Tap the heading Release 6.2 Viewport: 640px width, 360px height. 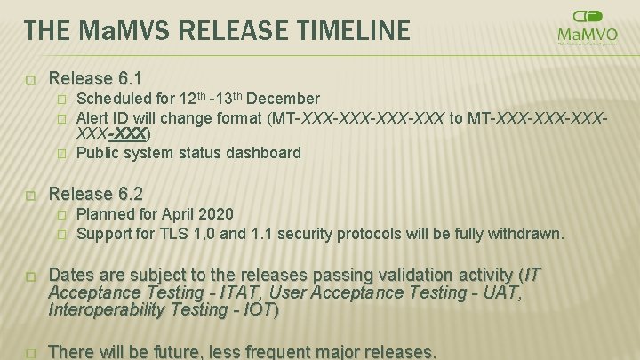95,193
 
